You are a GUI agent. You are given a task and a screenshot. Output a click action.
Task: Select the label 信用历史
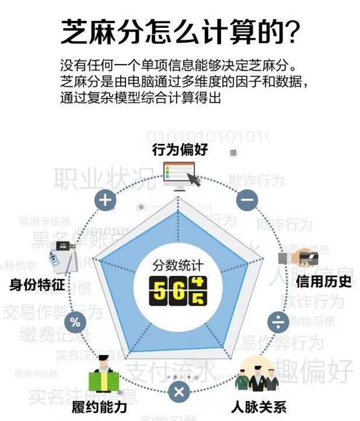point(324,281)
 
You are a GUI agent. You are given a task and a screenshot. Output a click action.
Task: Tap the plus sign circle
point(105,201)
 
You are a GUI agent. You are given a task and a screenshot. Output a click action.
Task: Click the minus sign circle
point(247,200)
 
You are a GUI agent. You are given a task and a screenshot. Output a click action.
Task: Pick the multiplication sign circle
point(179,391)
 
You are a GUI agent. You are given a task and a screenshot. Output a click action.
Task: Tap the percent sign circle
point(75,322)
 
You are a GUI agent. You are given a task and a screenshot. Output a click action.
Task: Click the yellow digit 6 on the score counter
point(178,290)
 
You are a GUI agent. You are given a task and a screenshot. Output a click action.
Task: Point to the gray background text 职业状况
point(106,178)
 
